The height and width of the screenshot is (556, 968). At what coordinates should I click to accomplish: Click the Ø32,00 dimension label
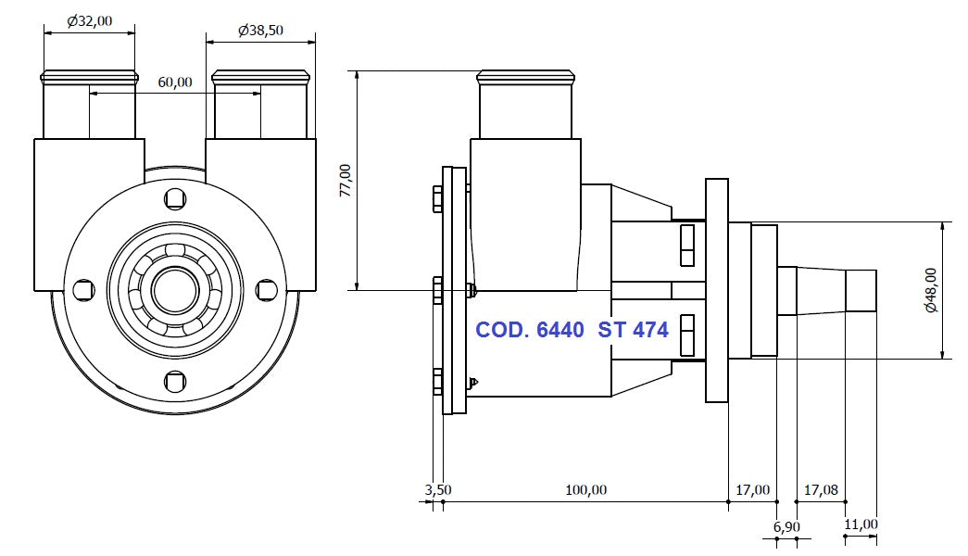[89, 20]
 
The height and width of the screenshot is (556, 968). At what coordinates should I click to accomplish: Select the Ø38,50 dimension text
[260, 31]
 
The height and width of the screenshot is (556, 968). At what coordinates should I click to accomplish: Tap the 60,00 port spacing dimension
[174, 82]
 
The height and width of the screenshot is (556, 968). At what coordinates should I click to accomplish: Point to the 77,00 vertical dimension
[346, 180]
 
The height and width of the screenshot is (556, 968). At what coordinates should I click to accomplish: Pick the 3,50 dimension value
[438, 489]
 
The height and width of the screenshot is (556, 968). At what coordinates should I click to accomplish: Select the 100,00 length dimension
[585, 489]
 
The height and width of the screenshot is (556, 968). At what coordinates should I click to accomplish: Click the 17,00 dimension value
[752, 489]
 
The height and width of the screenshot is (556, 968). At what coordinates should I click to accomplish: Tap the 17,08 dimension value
[821, 489]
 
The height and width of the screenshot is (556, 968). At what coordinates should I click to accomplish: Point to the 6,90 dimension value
[786, 526]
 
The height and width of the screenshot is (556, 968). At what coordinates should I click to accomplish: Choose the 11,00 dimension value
[861, 524]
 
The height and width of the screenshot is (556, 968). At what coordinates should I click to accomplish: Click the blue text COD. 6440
[529, 330]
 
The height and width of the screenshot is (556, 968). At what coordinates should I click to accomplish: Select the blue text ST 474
[634, 330]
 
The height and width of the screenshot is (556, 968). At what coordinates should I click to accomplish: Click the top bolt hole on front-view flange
[174, 198]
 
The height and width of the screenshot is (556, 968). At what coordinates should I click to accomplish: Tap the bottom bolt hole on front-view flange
[174, 381]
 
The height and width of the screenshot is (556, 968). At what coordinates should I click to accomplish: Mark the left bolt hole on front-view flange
[82, 290]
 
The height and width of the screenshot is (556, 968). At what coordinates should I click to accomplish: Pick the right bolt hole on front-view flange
[266, 290]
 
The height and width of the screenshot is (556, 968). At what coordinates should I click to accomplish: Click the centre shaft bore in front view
[174, 290]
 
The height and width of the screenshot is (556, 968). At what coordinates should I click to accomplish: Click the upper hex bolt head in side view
[438, 199]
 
